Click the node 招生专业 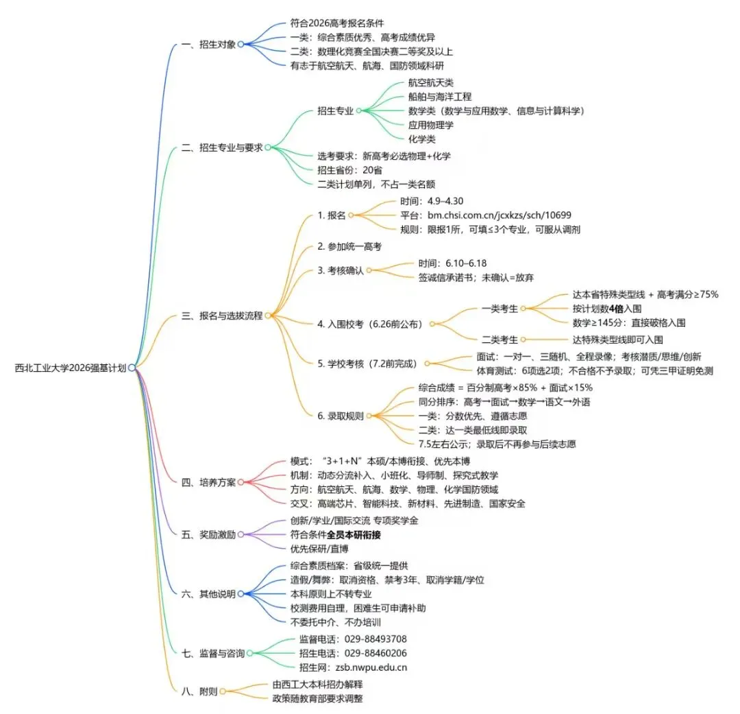tap(335, 110)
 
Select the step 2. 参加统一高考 tap(349, 246)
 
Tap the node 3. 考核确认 tap(341, 270)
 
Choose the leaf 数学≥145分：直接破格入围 tap(628, 322)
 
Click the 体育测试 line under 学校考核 tap(595, 371)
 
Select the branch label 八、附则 tap(199, 691)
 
